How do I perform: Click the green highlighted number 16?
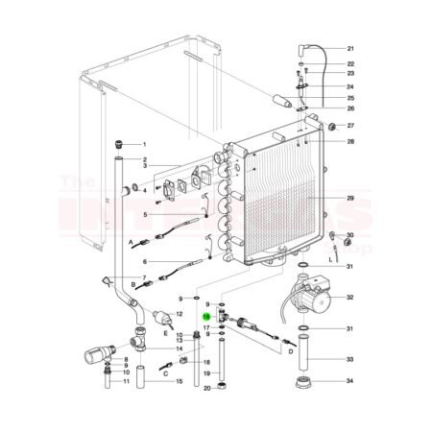click(205, 315)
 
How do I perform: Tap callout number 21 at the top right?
click(350, 48)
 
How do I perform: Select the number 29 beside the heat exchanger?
click(350, 199)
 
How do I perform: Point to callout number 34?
click(350, 381)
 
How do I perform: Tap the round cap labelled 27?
click(330, 126)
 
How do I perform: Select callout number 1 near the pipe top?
click(144, 143)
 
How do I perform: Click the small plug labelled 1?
click(119, 143)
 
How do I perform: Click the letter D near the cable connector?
click(291, 350)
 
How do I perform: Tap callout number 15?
click(179, 381)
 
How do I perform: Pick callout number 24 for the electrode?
click(350, 86)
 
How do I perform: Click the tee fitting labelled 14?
click(139, 338)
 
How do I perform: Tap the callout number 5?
click(144, 215)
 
